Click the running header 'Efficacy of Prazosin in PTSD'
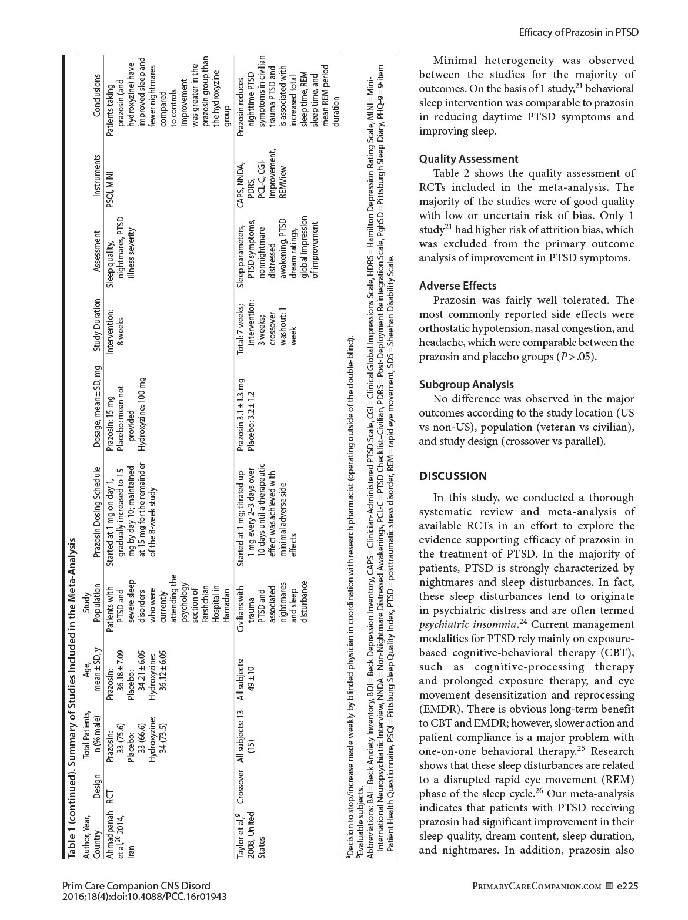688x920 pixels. (578, 32)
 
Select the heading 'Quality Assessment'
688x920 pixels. (469, 159)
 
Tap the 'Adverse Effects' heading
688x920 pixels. (457, 286)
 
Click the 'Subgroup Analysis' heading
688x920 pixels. (466, 384)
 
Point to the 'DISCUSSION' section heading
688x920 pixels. (453, 476)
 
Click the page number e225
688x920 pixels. (627, 886)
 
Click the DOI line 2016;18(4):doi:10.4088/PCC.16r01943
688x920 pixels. (144, 897)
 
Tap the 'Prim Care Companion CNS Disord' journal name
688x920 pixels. (136, 886)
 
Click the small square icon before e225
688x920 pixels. (609, 886)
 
